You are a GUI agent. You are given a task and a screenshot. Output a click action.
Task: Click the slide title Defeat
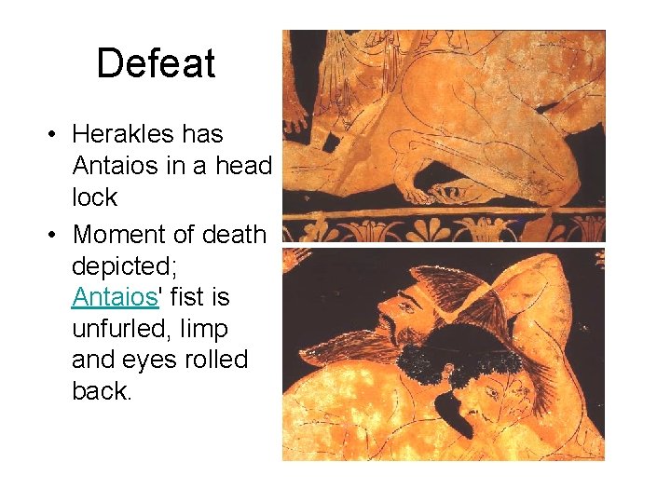[x=156, y=63]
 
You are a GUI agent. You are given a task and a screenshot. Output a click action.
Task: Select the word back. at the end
[x=103, y=391]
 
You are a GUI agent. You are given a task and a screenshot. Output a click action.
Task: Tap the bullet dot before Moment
[x=54, y=235]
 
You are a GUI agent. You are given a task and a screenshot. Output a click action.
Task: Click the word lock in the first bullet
[x=94, y=197]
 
